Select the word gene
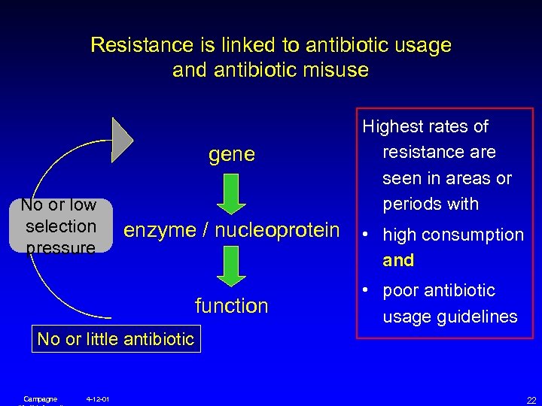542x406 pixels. point(232,155)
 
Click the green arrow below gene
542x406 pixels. point(232,193)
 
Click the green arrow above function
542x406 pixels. point(232,268)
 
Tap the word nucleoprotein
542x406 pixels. point(277,230)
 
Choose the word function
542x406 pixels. point(232,305)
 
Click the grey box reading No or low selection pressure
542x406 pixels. point(60,226)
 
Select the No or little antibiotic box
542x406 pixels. point(116,339)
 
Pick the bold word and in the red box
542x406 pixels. point(398,260)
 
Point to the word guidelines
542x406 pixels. point(480,317)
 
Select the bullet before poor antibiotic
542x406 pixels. point(367,290)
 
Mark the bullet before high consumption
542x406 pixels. point(367,235)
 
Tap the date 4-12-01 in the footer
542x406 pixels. point(98,398)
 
